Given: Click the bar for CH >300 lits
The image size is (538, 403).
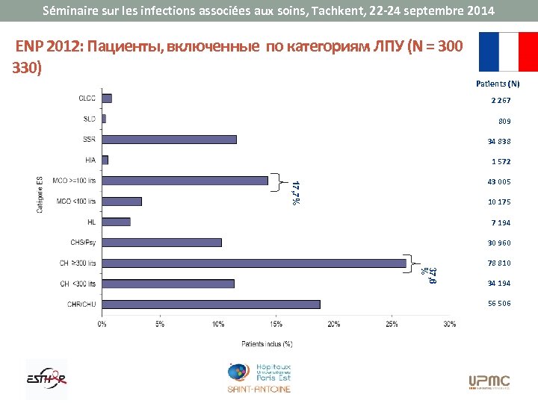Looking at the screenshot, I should [254, 263].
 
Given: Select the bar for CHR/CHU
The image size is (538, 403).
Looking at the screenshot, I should [211, 304].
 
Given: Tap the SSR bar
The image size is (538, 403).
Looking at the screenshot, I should [170, 139].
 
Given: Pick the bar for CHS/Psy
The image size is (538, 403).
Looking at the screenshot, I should [162, 242].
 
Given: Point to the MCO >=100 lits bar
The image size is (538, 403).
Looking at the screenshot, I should [185, 180].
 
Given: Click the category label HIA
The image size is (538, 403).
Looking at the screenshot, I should [90, 160].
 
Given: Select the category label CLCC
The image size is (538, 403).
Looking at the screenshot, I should [87, 98].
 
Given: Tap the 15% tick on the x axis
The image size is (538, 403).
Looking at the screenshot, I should [276, 324].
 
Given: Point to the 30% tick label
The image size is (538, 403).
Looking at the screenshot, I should [449, 324].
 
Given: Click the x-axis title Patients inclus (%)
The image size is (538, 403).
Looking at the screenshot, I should [266, 344].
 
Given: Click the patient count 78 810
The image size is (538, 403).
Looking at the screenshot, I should [499, 263].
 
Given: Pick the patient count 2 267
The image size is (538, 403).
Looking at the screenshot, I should [501, 101].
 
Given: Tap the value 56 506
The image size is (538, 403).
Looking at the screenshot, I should [499, 304].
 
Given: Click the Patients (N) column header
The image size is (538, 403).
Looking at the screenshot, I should [498, 84].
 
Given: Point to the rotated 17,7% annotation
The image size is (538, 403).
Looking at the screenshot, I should [296, 193].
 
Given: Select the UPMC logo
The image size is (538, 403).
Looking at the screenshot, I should [489, 382].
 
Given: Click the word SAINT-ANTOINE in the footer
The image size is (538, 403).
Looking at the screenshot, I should [259, 389].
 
